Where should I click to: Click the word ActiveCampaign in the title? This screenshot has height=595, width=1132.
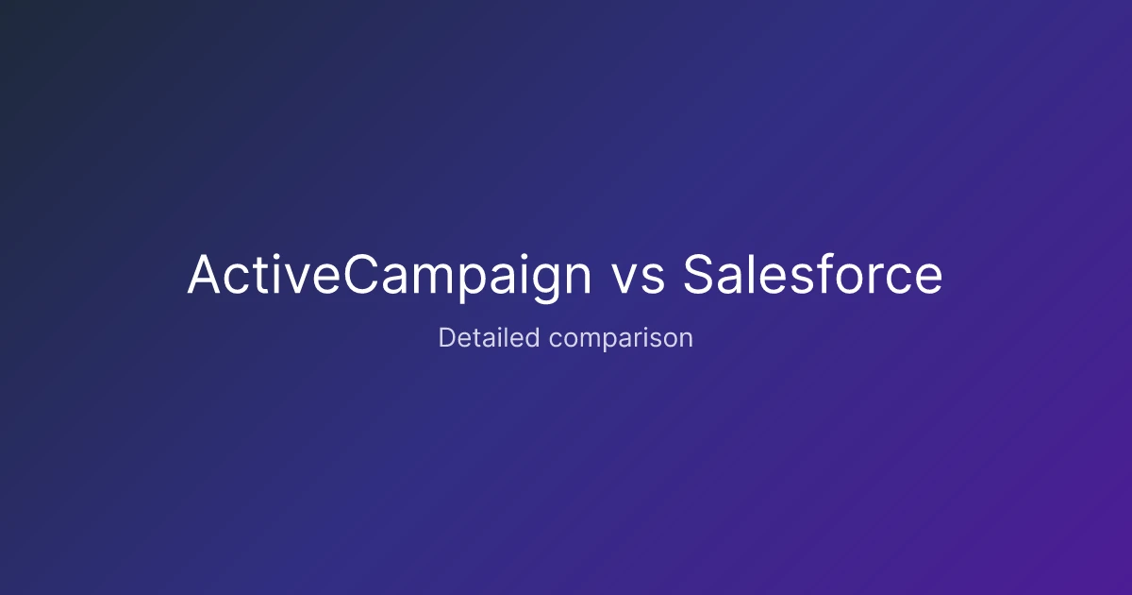click(389, 275)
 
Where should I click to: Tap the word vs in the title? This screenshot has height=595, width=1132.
click(639, 279)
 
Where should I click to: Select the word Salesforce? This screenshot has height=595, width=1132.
click(812, 274)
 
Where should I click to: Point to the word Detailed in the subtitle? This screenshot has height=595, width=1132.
click(489, 337)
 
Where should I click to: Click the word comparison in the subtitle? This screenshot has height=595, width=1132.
click(621, 339)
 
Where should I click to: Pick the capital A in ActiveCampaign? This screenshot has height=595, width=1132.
click(204, 274)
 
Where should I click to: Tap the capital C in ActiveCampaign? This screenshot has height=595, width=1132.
click(360, 274)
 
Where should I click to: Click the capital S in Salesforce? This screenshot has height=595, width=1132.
click(697, 274)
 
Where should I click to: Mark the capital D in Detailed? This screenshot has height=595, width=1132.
click(447, 337)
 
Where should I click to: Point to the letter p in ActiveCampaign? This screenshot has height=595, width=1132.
click(474, 282)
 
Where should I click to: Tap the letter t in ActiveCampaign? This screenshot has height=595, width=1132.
click(260, 276)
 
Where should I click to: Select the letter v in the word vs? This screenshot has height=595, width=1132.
click(626, 279)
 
